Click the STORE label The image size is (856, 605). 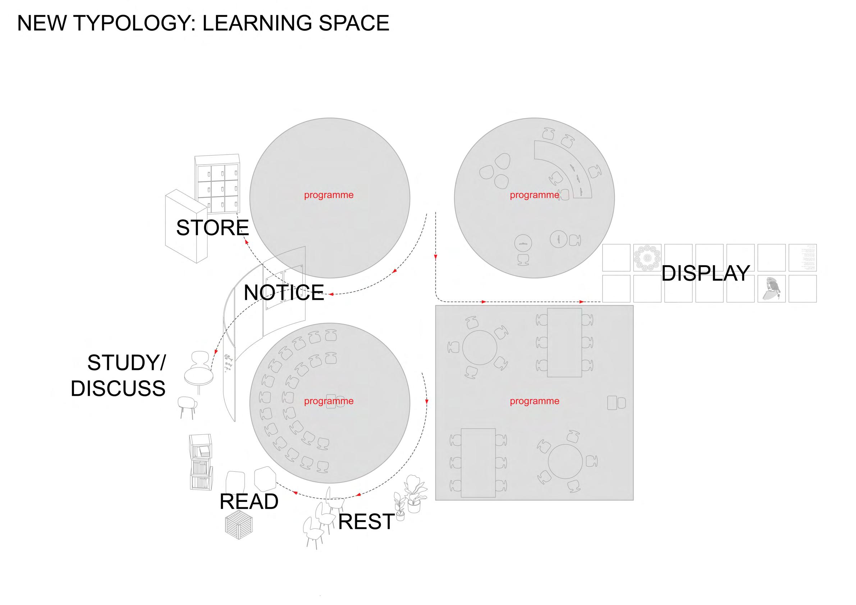[x=212, y=228]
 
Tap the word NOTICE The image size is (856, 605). [x=284, y=293]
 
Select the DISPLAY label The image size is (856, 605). [x=705, y=273]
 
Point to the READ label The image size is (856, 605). [x=249, y=501]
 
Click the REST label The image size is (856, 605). [x=366, y=521]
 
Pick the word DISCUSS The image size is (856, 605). [x=118, y=389]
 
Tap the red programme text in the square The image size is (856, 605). [x=534, y=401]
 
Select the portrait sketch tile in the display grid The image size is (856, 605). [x=771, y=289]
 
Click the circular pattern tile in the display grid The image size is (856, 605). [x=647, y=258]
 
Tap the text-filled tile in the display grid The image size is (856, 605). [x=802, y=258]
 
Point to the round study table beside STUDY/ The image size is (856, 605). [x=199, y=375]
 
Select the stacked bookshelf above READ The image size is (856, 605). [x=201, y=462]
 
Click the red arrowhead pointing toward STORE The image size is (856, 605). [x=246, y=242]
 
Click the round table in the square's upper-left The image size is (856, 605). [x=480, y=347]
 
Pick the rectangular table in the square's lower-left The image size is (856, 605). [x=478, y=463]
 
